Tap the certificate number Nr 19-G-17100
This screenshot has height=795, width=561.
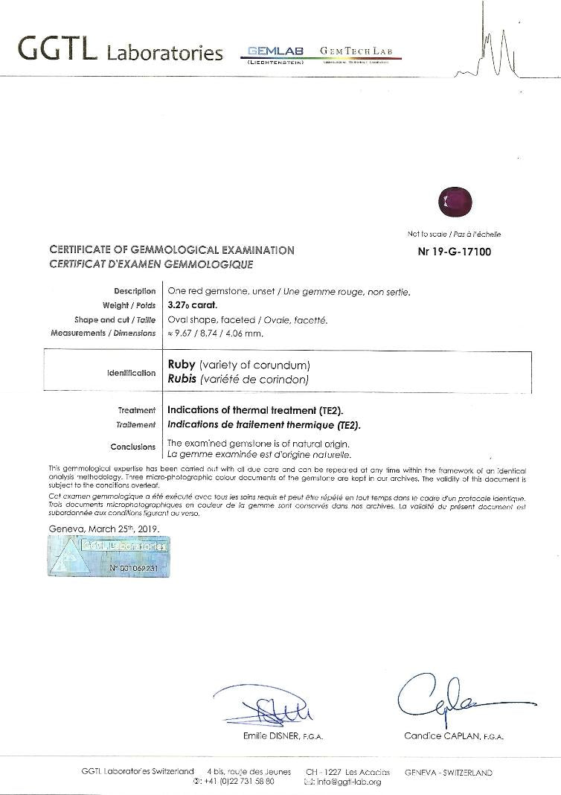(x=455, y=252)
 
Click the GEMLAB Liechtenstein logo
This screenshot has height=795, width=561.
(x=277, y=54)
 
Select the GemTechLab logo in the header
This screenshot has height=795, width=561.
(x=360, y=52)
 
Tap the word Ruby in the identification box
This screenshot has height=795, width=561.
(x=182, y=365)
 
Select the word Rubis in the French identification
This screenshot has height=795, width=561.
(x=182, y=379)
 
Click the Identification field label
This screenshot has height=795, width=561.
(x=132, y=372)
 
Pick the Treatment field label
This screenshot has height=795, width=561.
(x=137, y=410)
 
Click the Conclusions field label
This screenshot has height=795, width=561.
(x=133, y=447)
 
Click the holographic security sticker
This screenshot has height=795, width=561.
(x=108, y=555)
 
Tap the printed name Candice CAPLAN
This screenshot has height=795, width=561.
(x=453, y=736)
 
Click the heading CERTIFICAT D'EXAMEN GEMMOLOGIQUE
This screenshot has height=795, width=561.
(x=151, y=264)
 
